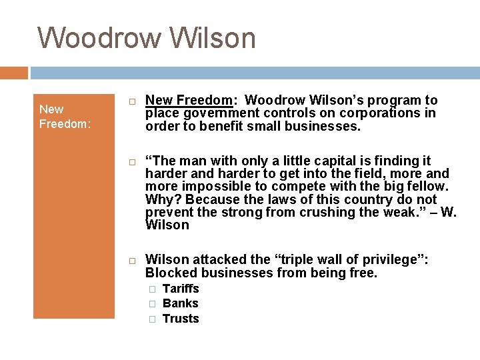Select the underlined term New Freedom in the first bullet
[189, 101]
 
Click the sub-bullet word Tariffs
[181, 289]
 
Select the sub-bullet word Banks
[181, 303]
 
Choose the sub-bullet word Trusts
[181, 319]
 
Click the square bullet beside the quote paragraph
[133, 162]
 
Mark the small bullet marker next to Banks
[152, 304]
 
